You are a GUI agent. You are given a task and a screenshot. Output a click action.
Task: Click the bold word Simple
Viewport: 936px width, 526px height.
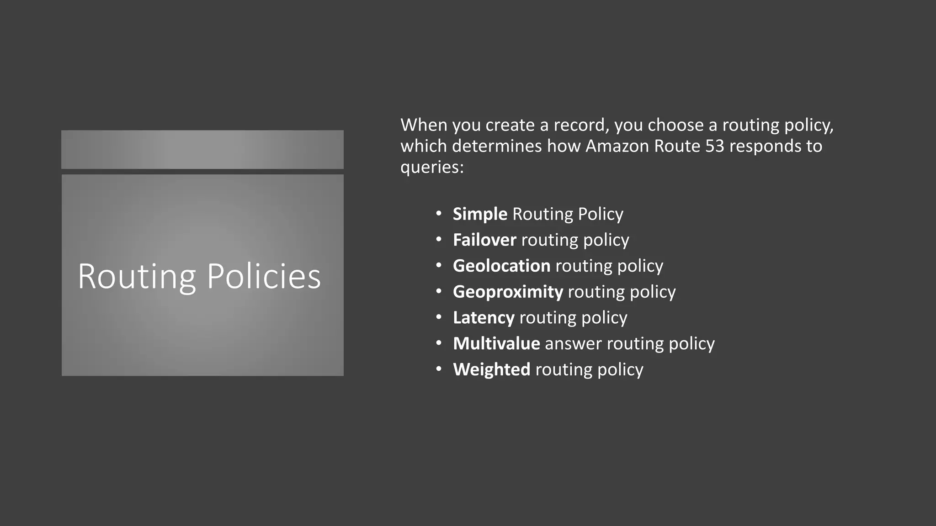[479, 214]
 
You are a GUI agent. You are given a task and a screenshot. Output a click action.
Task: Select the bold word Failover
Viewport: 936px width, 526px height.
[484, 240]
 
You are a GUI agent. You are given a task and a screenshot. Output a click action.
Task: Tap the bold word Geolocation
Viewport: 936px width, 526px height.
[501, 266]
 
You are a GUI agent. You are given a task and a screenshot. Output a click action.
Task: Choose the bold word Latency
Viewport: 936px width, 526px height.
[484, 318]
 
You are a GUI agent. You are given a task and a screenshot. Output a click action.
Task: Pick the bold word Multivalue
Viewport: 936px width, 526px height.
[496, 343]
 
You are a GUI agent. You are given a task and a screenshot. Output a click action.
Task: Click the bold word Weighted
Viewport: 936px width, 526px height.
[491, 369]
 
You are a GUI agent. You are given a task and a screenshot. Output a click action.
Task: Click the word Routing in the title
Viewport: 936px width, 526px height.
[137, 277]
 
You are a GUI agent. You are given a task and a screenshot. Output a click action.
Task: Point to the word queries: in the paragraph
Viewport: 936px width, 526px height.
[432, 168]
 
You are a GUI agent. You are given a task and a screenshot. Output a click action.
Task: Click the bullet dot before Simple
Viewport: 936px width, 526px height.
[439, 213]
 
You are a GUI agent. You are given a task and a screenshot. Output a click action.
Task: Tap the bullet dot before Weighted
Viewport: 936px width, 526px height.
[439, 368]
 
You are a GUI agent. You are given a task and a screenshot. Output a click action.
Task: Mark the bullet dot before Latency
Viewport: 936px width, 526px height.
[439, 317]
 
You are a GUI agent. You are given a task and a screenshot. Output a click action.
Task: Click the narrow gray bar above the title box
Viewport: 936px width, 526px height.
[202, 149]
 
